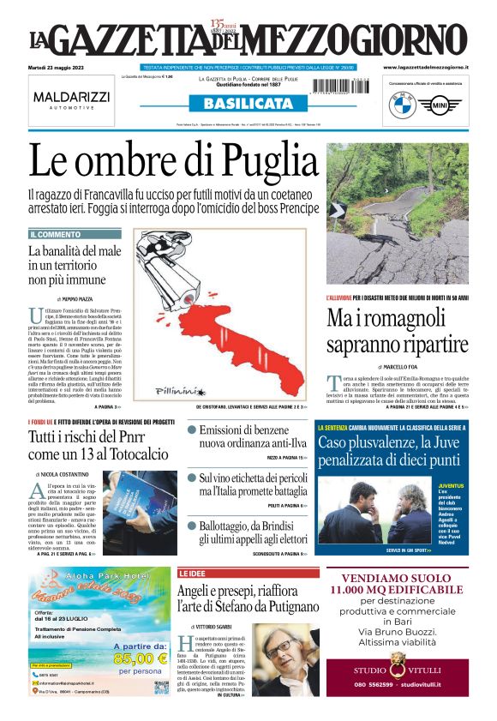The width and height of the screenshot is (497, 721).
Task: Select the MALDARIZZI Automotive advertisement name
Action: point(71,98)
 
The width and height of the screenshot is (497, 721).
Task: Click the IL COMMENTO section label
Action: point(56,234)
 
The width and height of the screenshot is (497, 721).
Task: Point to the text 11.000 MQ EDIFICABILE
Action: point(396,589)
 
